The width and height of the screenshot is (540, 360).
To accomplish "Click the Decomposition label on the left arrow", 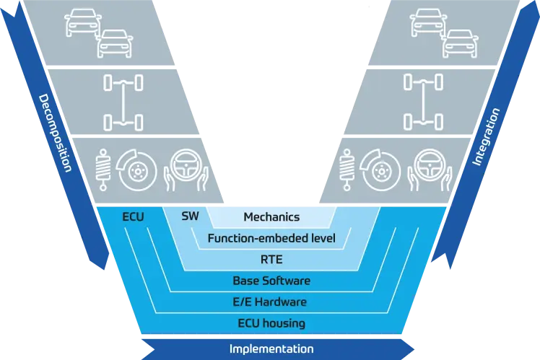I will [x=55, y=133].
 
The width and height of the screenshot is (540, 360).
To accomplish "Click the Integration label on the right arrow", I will [x=486, y=137].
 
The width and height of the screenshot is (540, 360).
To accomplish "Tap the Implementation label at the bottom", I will [x=271, y=348].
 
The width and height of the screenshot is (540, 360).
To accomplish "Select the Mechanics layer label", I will [x=271, y=216].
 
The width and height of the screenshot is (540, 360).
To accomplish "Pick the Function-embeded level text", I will [x=271, y=238].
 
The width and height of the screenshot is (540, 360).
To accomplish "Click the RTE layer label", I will [x=271, y=259].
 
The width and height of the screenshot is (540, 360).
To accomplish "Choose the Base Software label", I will [x=271, y=281].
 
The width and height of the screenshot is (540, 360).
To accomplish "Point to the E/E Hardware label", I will [x=271, y=302].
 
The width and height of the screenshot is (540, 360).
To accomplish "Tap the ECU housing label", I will [x=271, y=322].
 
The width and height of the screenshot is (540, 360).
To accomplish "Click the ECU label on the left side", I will [x=134, y=216].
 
